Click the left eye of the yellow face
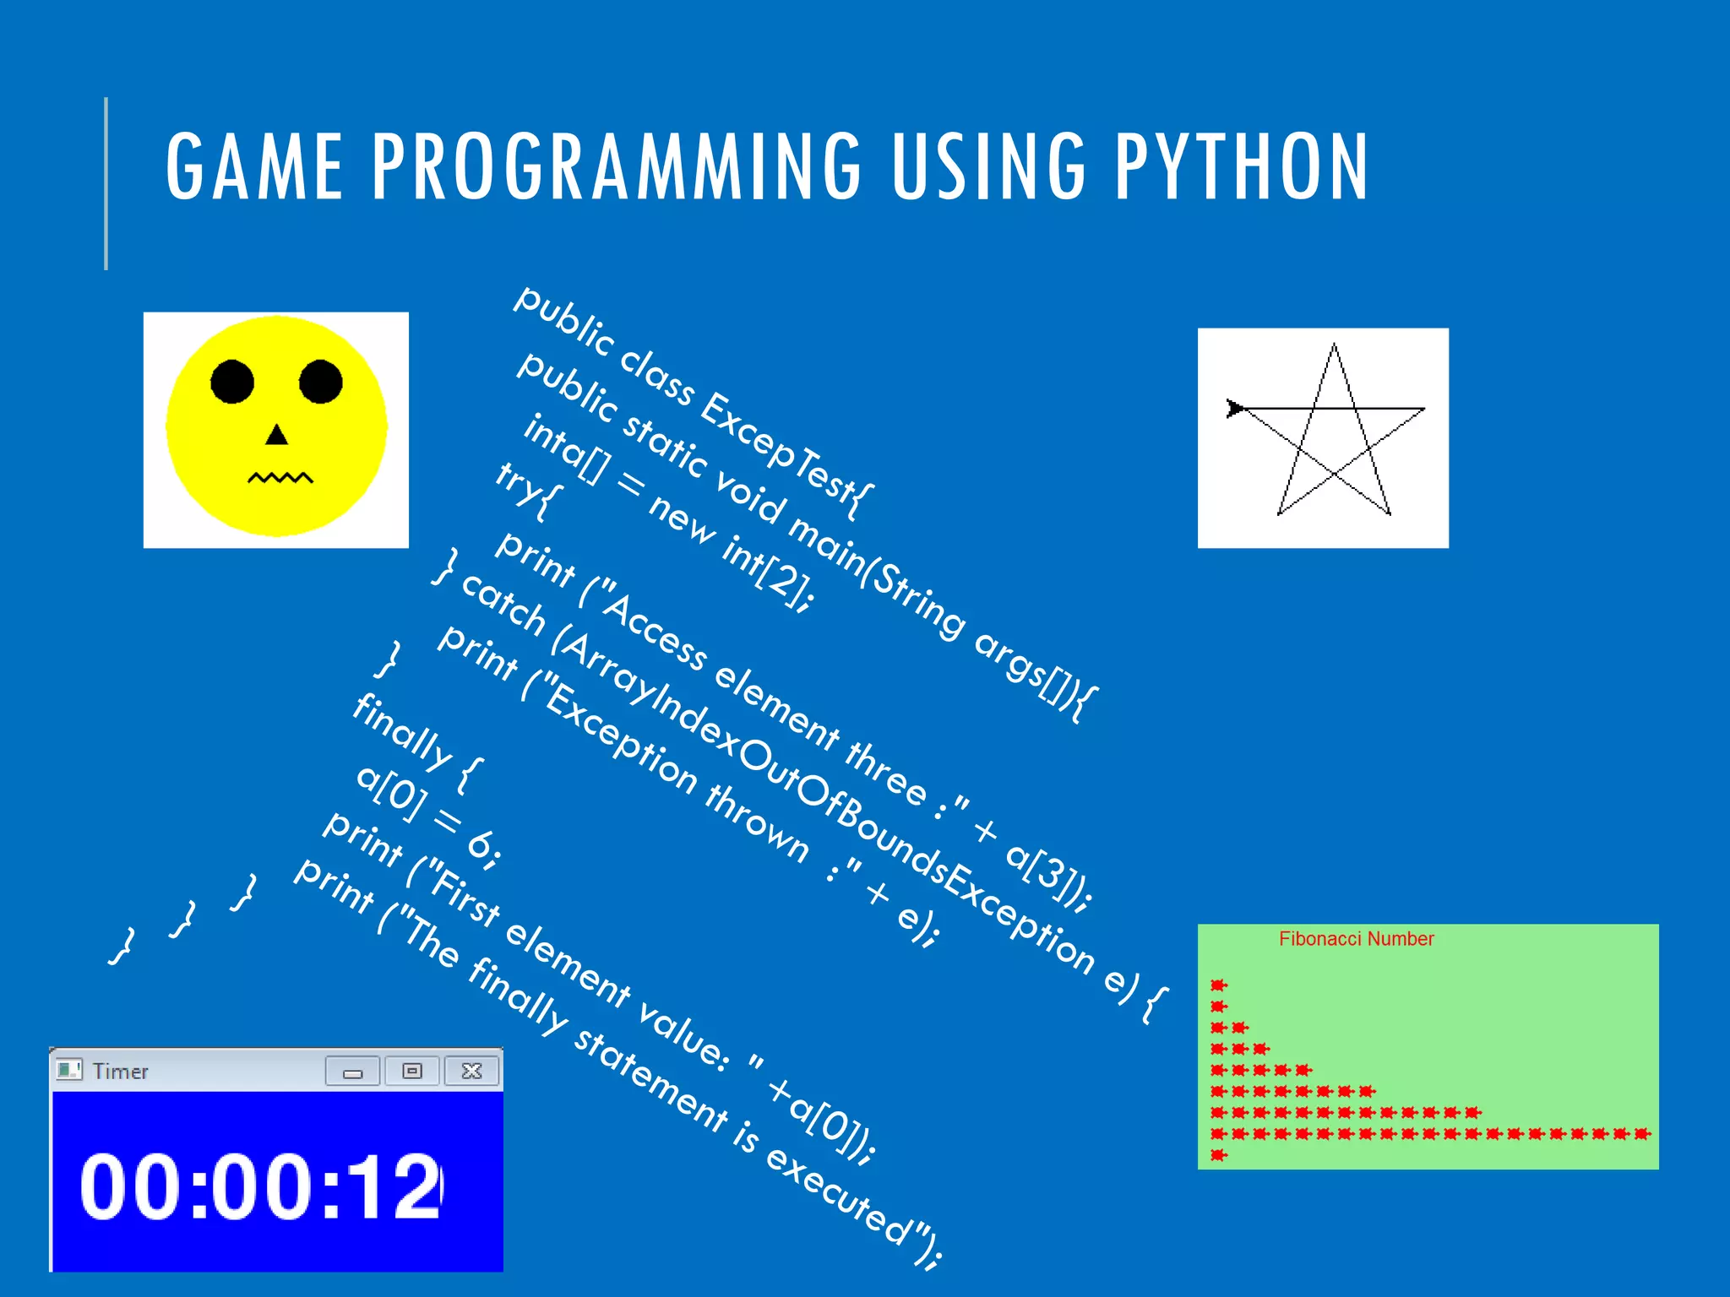[x=232, y=382]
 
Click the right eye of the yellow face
[x=321, y=382]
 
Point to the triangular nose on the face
[x=276, y=436]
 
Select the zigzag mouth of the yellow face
[x=280, y=479]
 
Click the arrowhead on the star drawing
[x=1235, y=409]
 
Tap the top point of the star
[x=1334, y=345]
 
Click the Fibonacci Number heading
[x=1356, y=939]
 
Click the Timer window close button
[x=472, y=1072]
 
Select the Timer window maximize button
[x=412, y=1072]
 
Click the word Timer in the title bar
[x=120, y=1072]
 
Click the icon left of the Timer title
[x=68, y=1070]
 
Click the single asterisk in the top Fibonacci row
[x=1218, y=985]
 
